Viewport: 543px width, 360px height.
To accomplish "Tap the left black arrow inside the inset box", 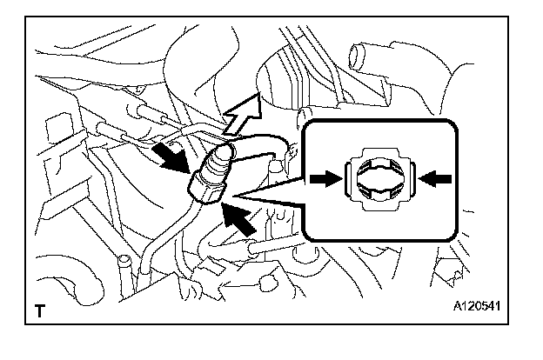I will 325,178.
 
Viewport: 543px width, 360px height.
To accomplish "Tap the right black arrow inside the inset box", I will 436,177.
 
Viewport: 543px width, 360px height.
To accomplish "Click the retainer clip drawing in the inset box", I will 380,177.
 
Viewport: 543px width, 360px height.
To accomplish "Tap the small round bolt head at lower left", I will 125,261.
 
